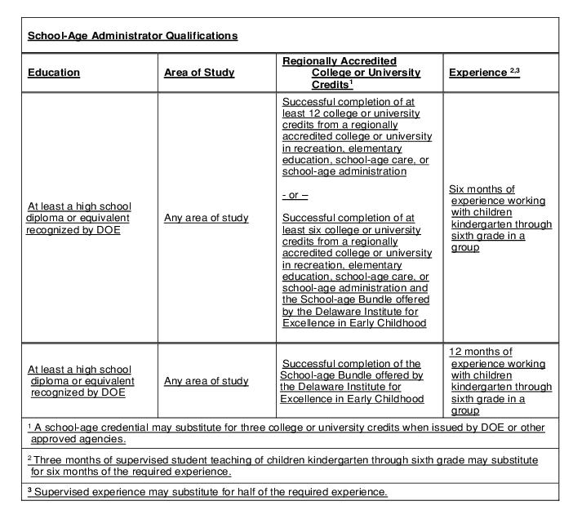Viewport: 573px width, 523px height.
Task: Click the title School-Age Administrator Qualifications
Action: point(132,36)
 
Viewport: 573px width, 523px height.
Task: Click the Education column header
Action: point(54,73)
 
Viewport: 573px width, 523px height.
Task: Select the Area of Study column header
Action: point(199,73)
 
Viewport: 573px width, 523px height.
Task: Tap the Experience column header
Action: point(478,73)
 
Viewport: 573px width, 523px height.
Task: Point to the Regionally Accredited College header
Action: point(352,72)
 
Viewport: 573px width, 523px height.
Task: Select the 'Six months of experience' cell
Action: point(500,218)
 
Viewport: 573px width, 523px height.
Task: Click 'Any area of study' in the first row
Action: point(207,218)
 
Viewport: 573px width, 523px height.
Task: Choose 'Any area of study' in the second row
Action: point(207,381)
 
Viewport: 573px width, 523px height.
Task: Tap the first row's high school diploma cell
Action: point(79,218)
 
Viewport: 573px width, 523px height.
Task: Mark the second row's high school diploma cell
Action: point(81,381)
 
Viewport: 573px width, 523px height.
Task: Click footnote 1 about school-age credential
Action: point(286,433)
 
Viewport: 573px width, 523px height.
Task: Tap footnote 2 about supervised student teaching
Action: point(286,466)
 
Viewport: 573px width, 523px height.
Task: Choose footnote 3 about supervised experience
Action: point(207,492)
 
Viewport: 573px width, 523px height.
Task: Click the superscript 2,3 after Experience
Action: point(515,70)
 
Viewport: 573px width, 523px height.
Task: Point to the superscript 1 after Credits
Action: point(350,82)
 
